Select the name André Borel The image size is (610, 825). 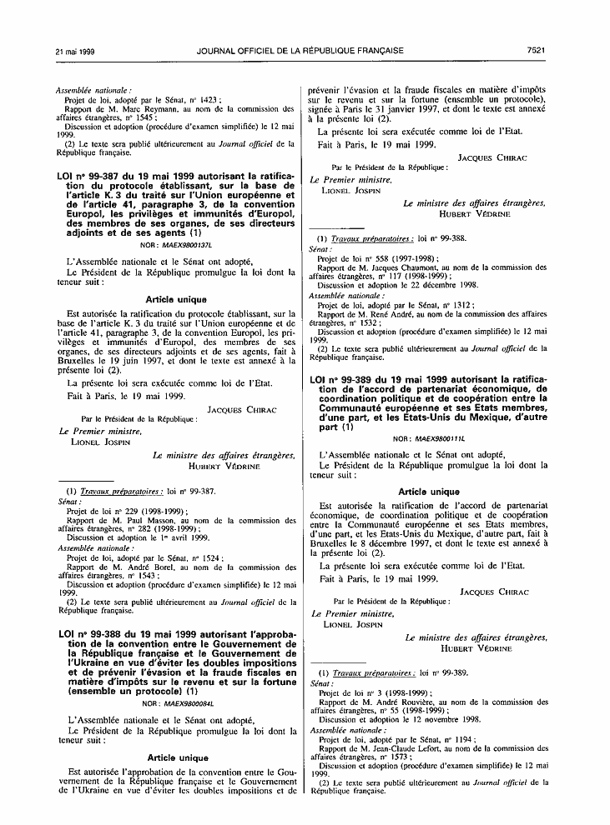[x=139, y=567]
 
